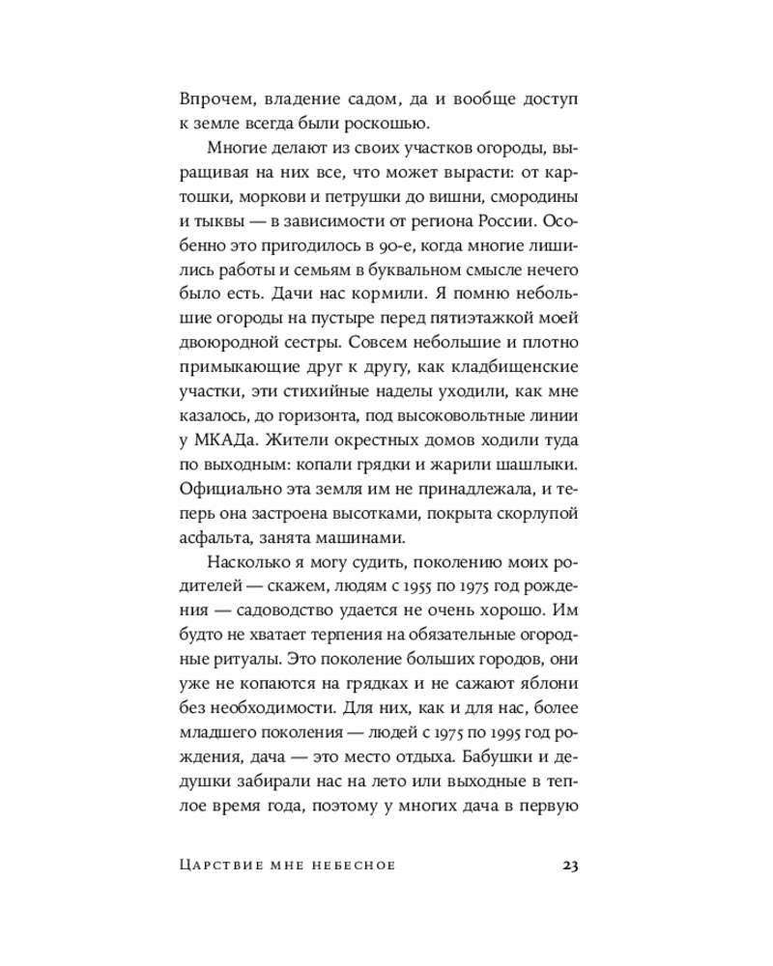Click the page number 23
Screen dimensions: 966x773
(x=568, y=864)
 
